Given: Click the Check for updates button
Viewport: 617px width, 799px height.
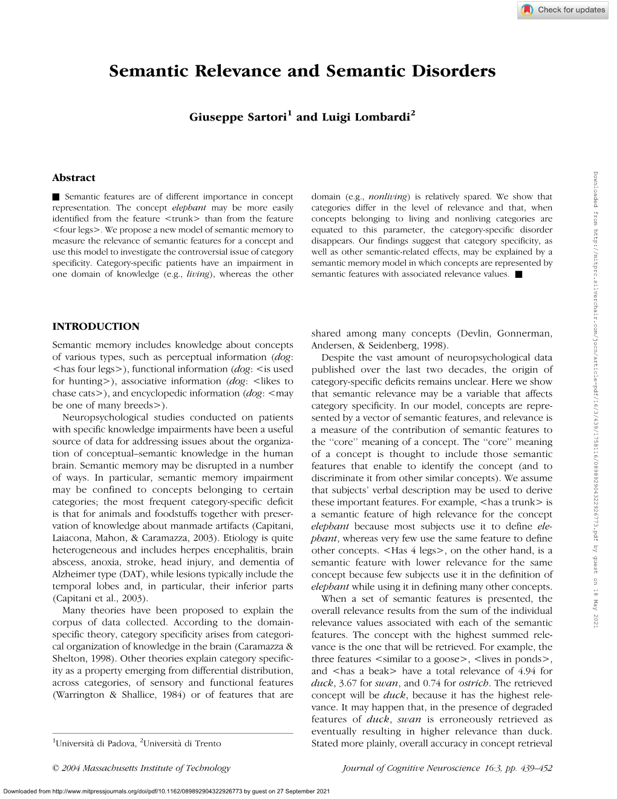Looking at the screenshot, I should (563, 10).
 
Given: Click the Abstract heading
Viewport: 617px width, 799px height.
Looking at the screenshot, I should (74, 178).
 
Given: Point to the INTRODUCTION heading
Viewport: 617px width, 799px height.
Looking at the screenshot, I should (96, 327).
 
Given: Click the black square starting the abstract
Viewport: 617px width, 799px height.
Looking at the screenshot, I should (56, 197).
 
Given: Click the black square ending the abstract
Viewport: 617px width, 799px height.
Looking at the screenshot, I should (518, 274).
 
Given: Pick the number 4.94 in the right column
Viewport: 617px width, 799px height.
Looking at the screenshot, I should (527, 671).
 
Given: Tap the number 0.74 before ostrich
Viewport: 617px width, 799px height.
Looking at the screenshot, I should (432, 683).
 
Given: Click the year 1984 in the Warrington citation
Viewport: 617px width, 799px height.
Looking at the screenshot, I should (173, 695).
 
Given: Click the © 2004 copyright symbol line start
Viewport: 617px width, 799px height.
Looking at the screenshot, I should (56, 768).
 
